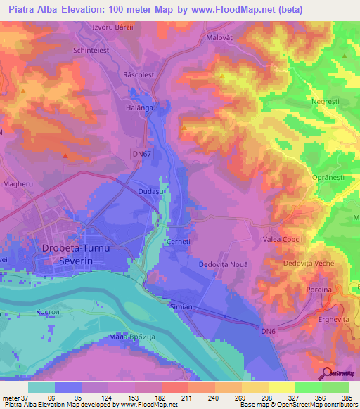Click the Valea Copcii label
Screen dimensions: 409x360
(283, 239)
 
